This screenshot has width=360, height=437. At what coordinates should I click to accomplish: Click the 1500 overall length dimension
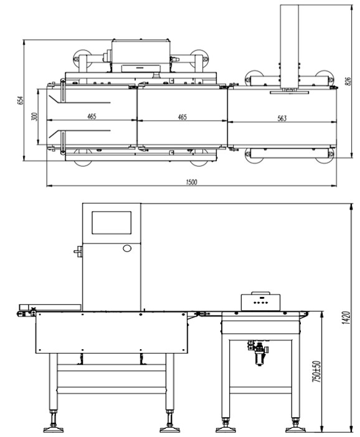pos(191,182)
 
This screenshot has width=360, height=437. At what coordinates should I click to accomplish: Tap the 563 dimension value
pos(282,118)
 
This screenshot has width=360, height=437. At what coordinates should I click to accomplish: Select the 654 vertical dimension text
pos(21,100)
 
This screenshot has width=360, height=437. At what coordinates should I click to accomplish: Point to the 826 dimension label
pos(348,81)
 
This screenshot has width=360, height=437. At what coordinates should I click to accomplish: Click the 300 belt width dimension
pos(34,116)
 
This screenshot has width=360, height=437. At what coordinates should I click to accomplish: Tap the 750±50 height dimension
pos(317,371)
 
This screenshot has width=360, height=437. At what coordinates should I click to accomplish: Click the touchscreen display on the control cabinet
pos(111,223)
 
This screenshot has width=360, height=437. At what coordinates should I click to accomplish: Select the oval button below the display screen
pos(127,248)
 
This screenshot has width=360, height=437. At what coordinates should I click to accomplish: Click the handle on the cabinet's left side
pos(78,251)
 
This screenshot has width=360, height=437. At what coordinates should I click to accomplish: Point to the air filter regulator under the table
pos(258,352)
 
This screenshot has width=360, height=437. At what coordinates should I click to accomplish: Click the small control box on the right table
pos(260,301)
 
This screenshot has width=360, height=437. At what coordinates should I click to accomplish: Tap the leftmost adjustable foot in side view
pos(53,421)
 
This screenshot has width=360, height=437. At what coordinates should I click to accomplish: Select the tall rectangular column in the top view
pos(290,46)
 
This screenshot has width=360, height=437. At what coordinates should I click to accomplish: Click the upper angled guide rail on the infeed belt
pos(80,100)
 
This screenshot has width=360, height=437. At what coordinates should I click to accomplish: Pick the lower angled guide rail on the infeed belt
pos(80,134)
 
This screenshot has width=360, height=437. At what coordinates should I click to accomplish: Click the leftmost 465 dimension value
pos(92,116)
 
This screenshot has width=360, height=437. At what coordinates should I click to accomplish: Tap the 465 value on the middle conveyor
pos(182,117)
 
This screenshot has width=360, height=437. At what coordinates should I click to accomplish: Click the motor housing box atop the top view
pos(141,55)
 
